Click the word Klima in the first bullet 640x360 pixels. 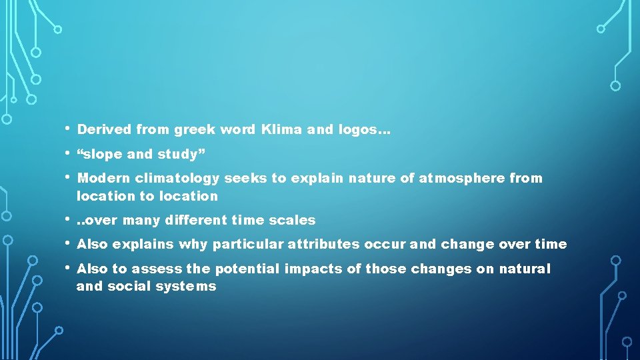coord(282,130)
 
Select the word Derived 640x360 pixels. coord(104,130)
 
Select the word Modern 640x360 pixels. coord(104,178)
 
